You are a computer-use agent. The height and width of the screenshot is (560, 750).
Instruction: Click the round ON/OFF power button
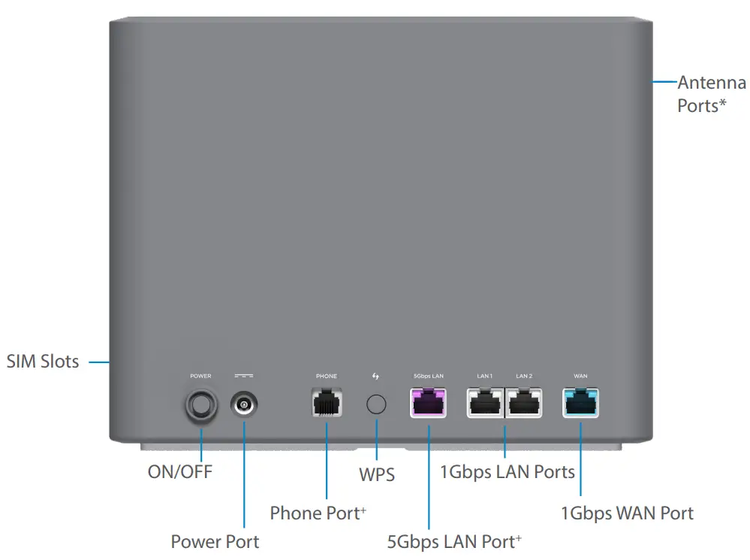tap(201, 406)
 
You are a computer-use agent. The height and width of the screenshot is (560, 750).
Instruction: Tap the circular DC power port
tap(244, 406)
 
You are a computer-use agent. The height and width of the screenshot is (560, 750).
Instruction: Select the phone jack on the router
tap(327, 403)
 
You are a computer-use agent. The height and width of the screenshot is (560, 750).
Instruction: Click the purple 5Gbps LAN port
tap(428, 403)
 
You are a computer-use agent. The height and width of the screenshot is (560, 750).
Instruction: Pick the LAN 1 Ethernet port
tap(485, 403)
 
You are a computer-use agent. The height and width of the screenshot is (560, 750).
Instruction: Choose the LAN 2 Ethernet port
tap(524, 403)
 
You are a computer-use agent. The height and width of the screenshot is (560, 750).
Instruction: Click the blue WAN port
tap(581, 403)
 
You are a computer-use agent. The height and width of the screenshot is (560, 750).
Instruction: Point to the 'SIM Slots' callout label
tap(43, 362)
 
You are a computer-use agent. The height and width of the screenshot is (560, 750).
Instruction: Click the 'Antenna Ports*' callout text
tap(711, 94)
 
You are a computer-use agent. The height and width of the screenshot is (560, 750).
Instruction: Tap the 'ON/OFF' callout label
tap(180, 472)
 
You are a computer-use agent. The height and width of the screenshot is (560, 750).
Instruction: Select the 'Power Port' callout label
tap(215, 541)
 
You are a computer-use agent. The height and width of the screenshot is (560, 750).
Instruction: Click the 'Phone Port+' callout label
tap(318, 513)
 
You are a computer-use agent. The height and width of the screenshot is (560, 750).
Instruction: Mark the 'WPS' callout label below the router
tap(376, 476)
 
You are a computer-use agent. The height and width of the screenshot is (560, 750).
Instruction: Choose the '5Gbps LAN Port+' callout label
tap(454, 541)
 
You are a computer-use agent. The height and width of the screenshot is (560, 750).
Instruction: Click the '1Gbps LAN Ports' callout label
tap(507, 472)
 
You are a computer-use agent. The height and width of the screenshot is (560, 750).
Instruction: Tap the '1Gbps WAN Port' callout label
tap(627, 513)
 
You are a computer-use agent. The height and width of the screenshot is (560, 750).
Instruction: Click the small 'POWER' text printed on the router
tap(200, 376)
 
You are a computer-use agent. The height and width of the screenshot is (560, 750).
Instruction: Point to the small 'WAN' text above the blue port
tap(580, 376)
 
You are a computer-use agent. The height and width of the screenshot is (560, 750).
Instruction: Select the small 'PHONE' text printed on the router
tap(327, 376)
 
